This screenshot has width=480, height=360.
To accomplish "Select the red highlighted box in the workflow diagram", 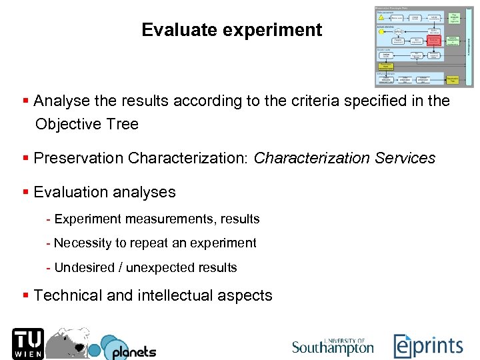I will (x=434, y=41).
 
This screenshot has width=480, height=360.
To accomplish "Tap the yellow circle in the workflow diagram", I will (x=381, y=31).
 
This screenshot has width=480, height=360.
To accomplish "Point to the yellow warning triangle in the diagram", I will (x=381, y=18).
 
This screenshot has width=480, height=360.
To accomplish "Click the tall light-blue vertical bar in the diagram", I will (x=469, y=47).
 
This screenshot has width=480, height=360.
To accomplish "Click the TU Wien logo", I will (x=27, y=344).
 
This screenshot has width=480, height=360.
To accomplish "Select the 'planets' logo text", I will (x=133, y=351).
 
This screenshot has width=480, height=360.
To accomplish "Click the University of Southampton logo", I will (x=333, y=345).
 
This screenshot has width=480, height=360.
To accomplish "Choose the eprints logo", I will (x=427, y=346).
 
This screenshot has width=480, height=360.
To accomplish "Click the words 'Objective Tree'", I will (x=87, y=124).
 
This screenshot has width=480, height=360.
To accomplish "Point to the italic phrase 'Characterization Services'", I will (x=344, y=158).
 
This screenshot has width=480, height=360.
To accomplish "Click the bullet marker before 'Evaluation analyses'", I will (x=25, y=192).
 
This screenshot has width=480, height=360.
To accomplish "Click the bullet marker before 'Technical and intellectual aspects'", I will (x=25, y=295).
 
